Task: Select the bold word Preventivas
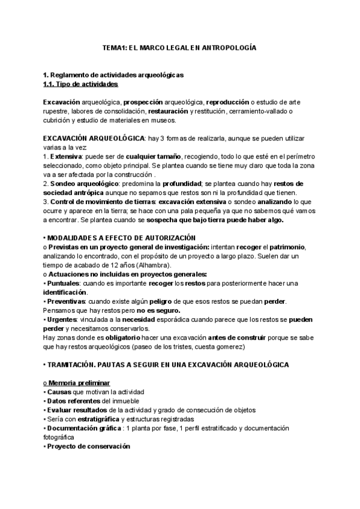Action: tap(66, 301)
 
